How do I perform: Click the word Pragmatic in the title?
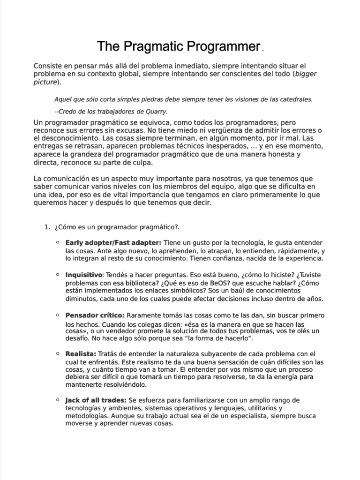[150, 46]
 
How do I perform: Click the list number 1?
[46, 227]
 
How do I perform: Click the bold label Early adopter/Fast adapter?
[113, 242]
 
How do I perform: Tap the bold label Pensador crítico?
[95, 315]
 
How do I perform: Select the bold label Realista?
[81, 353]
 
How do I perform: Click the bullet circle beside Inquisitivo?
[57, 274]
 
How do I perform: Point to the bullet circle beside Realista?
[57, 353]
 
